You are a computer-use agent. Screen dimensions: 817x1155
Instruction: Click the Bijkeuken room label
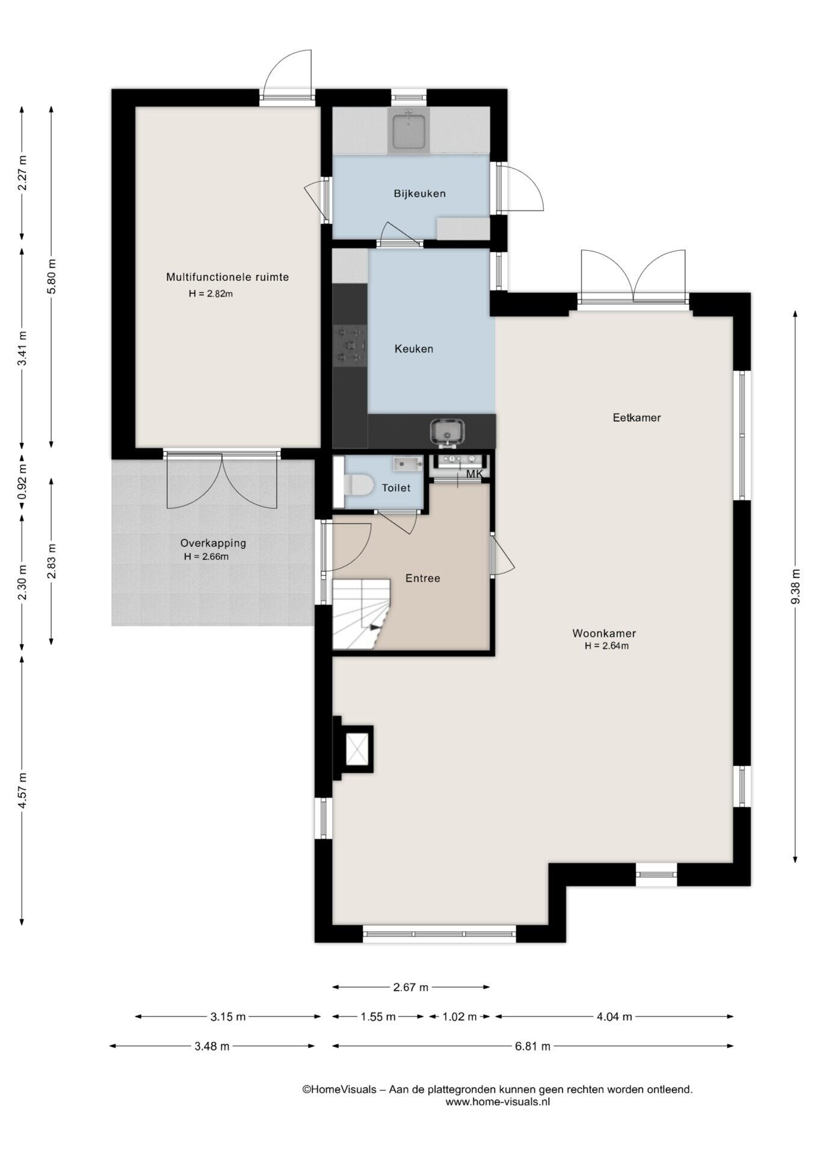[x=420, y=194]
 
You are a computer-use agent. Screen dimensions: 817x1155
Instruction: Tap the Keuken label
[x=414, y=349]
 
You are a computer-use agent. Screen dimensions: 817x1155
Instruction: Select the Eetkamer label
[x=637, y=417]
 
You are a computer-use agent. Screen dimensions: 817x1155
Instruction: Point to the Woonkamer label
[x=604, y=633]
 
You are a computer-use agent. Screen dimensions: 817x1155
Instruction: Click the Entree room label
[x=423, y=578]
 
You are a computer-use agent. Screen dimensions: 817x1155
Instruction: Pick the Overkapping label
[x=214, y=543]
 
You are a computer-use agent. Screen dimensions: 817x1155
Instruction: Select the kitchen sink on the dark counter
[x=447, y=432]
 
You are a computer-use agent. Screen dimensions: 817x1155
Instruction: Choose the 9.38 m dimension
[x=795, y=587]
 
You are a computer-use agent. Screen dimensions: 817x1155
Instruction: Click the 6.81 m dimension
[x=532, y=1046]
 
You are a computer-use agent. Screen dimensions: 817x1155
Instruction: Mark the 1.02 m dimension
[x=460, y=1017]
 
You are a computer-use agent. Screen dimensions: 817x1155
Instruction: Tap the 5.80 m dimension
[x=51, y=276]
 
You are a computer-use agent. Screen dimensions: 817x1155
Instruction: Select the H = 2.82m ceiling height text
[x=211, y=294]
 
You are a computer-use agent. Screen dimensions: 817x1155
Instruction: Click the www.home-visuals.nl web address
[x=498, y=1101]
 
